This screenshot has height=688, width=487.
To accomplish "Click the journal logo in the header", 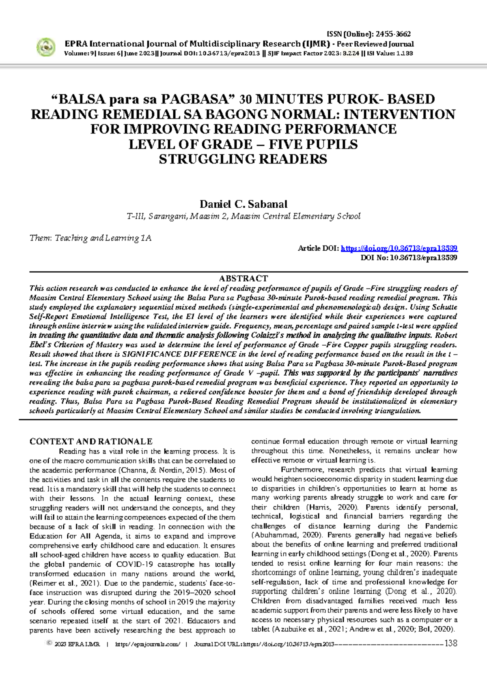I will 46,47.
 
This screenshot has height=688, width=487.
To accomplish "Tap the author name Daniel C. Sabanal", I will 243,204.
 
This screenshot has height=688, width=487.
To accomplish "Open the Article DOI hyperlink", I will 399,248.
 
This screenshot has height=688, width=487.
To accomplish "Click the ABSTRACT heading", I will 243,278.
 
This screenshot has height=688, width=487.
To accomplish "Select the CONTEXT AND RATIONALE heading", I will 91,441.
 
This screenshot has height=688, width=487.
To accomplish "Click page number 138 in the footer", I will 451,643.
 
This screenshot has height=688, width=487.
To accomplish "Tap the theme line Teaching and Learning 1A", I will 90,238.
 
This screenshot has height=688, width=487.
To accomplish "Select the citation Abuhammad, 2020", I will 287,535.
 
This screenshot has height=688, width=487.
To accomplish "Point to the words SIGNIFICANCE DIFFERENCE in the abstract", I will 179,354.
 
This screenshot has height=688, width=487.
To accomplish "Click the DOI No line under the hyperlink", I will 409,258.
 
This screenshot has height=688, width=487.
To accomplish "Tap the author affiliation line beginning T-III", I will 243,216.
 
